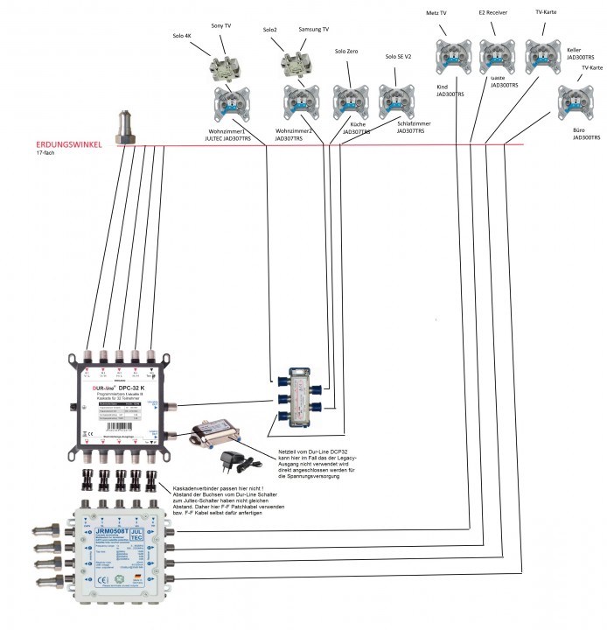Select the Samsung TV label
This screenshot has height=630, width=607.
click(313, 30)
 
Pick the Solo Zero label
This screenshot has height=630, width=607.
click(347, 52)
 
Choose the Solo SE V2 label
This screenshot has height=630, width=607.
click(399, 57)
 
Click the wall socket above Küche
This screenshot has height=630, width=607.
click(351, 99)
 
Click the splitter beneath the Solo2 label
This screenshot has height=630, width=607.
click(295, 64)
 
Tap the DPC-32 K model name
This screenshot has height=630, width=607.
click(130, 386)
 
